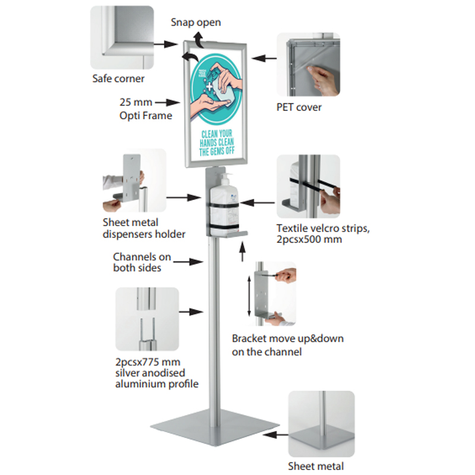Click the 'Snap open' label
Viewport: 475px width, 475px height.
[x=195, y=23]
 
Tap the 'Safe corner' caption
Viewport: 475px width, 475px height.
[x=118, y=78]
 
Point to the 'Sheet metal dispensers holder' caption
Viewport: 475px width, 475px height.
[x=144, y=228]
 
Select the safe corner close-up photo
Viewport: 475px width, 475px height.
[x=122, y=37]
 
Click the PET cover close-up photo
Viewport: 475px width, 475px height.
[x=308, y=64]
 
